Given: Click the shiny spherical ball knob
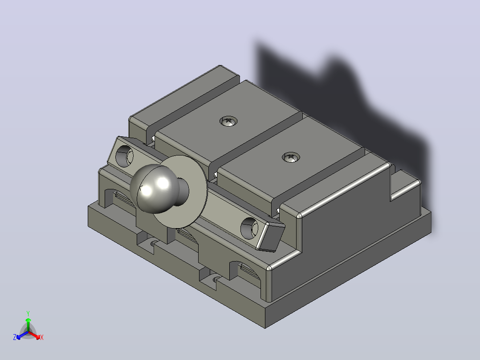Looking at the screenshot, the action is point(150,188).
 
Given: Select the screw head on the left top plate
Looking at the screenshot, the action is point(228,121).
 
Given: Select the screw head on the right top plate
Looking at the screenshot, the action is point(290,157).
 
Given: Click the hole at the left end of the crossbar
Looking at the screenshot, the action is point(124,156).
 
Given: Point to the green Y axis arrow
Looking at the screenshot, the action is point(28,324).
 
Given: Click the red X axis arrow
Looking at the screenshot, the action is point(35,335).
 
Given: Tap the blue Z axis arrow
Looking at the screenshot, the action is point(22,335).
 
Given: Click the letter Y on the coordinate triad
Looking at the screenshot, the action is point(28,314).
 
